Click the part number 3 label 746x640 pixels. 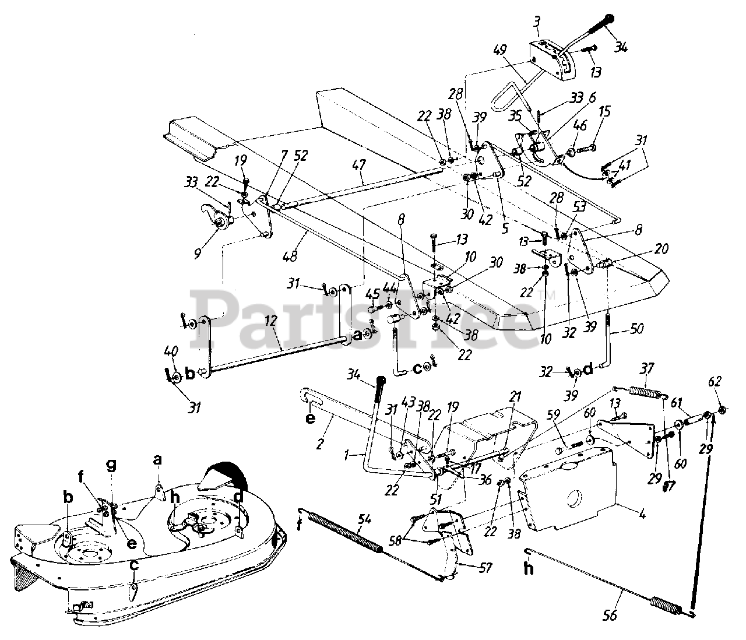(536, 23)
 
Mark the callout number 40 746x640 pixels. (170, 351)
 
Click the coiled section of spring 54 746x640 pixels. (344, 532)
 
